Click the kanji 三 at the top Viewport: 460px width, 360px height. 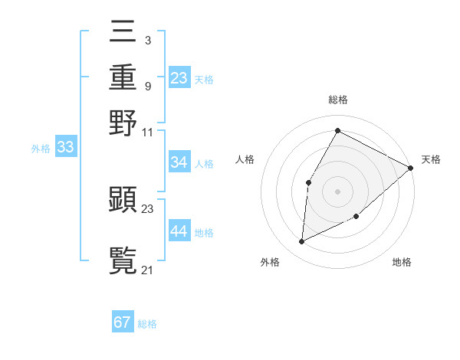tap(123, 32)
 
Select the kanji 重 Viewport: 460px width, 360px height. tap(123, 77)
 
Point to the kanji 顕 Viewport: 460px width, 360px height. tap(123, 200)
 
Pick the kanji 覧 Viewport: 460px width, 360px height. tap(123, 260)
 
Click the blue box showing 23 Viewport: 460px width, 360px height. tap(179, 78)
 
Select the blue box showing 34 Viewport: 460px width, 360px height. tap(179, 162)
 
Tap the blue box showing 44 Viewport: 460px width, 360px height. tap(179, 231)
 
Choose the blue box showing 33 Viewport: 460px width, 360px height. tap(65, 148)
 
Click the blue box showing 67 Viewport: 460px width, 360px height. tap(123, 322)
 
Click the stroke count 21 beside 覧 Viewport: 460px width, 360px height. tap(148, 270)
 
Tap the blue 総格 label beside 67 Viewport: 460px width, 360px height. tap(147, 324)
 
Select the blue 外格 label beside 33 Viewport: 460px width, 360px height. tap(41, 149)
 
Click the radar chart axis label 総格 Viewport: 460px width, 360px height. tap(337, 100)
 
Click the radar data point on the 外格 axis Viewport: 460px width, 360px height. tap(302, 242)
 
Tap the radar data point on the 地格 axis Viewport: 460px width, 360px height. tap(356, 217)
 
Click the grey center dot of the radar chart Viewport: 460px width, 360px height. tap(337, 191)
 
